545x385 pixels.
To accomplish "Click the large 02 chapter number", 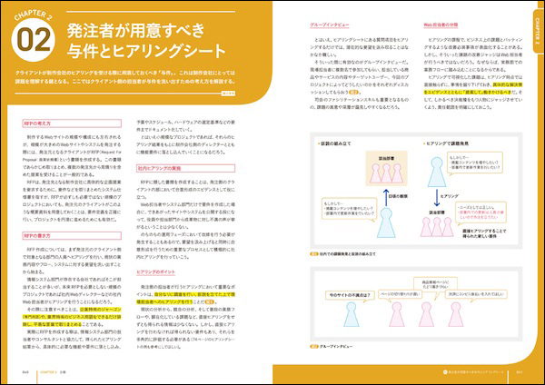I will (37, 42).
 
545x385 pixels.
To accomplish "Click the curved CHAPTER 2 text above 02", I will (36, 13).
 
